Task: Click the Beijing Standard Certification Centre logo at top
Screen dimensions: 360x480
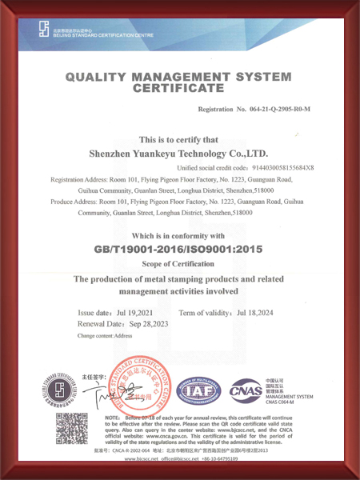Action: point(45,30)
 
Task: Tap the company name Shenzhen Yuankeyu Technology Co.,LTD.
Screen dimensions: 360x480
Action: point(180,152)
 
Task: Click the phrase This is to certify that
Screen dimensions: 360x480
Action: point(180,138)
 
